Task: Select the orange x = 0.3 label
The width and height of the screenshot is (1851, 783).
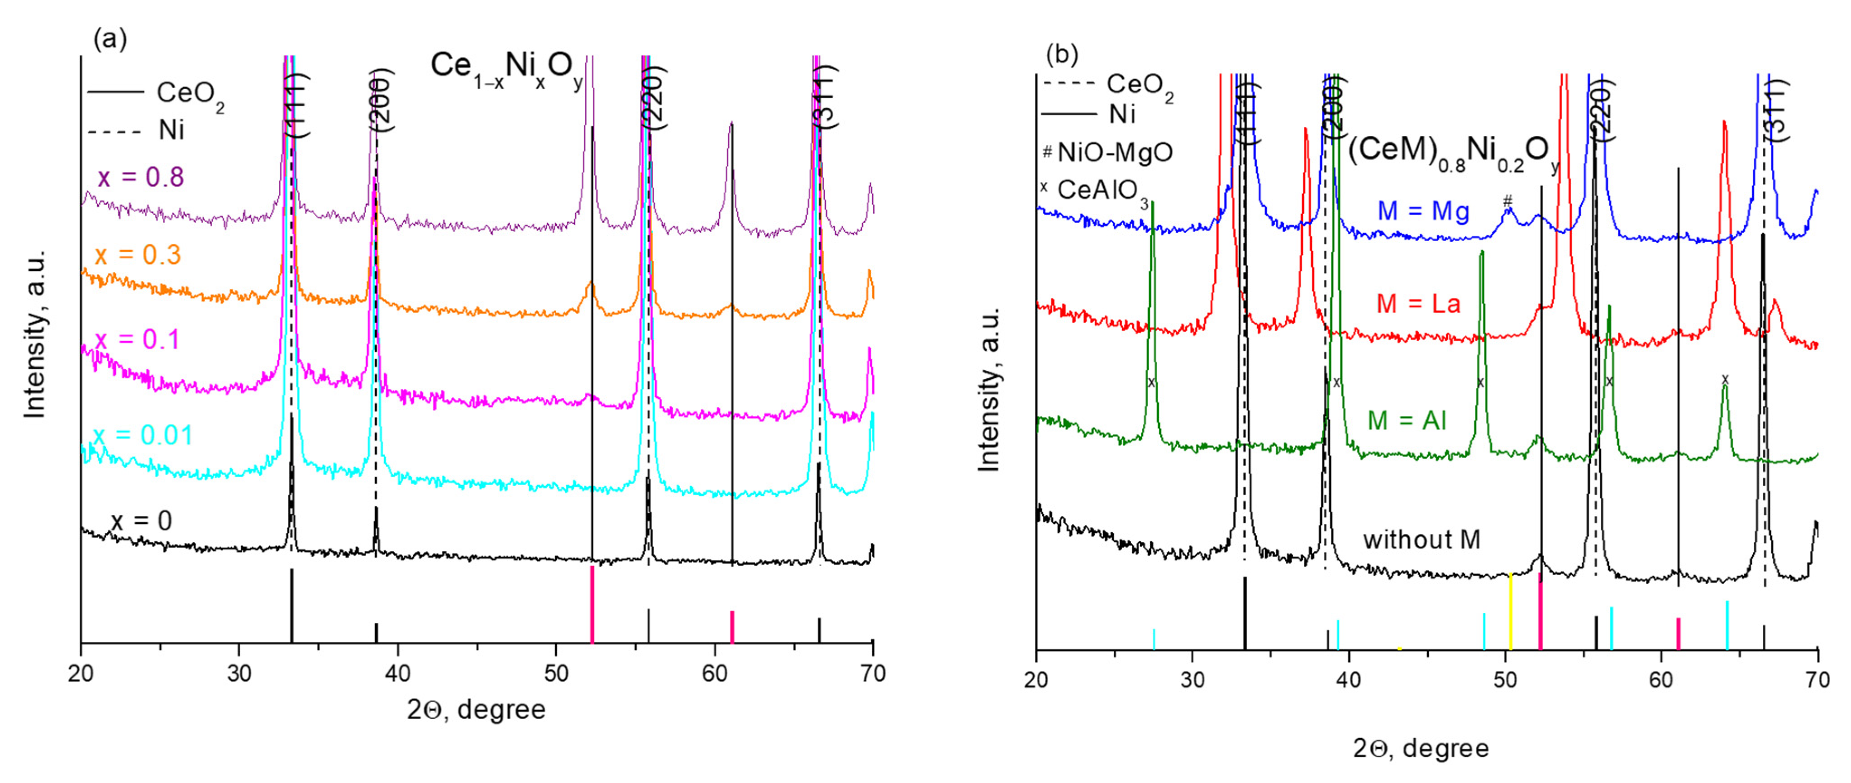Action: click(138, 255)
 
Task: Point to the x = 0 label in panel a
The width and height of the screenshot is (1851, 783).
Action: click(142, 521)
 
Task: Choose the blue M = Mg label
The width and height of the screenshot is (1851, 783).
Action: click(1423, 211)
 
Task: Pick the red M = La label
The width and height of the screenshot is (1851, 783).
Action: click(1418, 303)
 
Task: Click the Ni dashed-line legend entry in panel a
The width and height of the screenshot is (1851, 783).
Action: click(137, 131)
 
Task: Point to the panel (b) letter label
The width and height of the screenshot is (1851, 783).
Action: click(1062, 54)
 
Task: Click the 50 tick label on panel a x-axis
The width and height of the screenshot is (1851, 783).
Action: click(555, 674)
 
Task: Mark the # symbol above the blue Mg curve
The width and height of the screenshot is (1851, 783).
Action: click(1508, 200)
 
